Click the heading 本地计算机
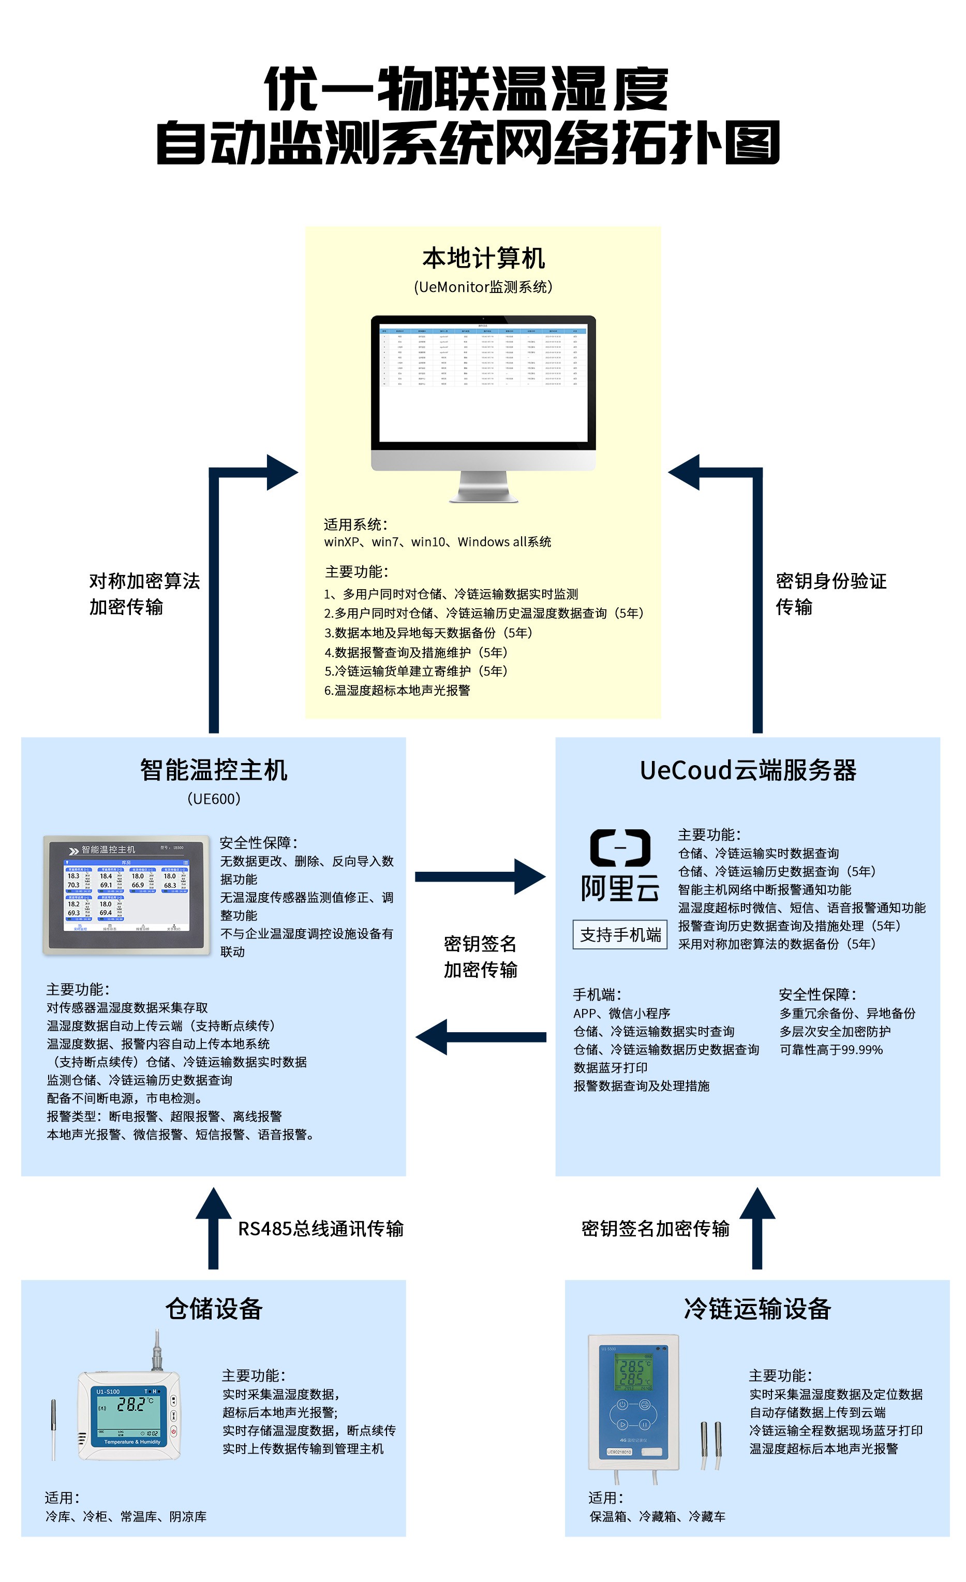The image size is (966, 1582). [x=483, y=258]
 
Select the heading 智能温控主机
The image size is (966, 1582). [x=214, y=770]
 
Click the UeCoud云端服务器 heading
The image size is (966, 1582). [x=748, y=770]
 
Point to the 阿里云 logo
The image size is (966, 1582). [x=619, y=866]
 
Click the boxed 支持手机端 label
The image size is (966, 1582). [x=620, y=935]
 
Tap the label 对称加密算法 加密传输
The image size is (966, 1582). [x=144, y=594]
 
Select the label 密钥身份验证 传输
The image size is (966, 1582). [x=830, y=594]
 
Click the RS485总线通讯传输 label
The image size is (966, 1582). [x=321, y=1229]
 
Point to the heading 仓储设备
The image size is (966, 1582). [x=214, y=1309]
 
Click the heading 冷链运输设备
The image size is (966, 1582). [x=757, y=1309]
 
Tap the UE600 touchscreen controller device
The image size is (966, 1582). [x=126, y=895]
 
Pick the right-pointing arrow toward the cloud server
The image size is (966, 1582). [x=480, y=876]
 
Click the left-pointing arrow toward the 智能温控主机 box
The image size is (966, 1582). [x=480, y=1036]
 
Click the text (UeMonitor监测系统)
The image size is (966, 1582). [x=483, y=287]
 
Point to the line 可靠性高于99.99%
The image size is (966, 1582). [x=831, y=1050]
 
